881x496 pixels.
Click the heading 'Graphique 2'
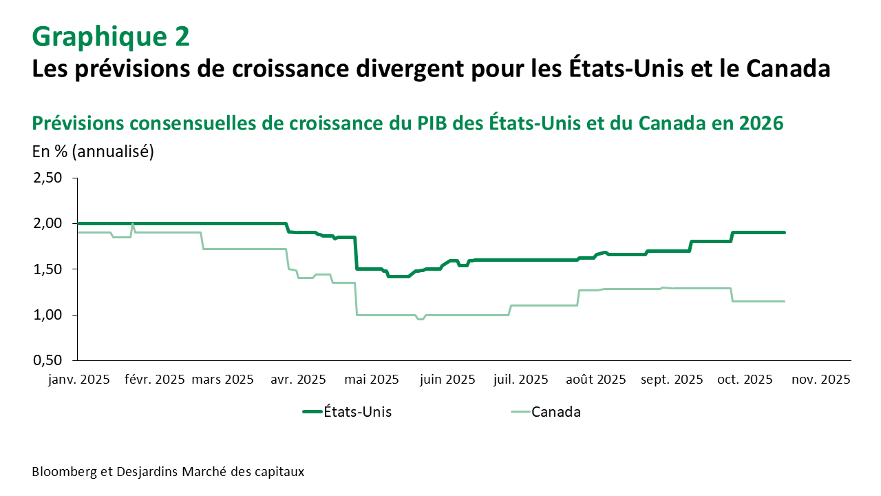click(111, 37)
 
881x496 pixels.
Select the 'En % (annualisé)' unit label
click(93, 152)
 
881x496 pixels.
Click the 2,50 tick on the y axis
click(47, 178)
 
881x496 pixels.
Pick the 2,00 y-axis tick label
click(47, 223)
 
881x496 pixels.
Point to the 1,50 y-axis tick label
click(47, 269)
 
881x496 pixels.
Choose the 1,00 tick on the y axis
click(47, 315)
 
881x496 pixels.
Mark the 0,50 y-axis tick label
click(47, 360)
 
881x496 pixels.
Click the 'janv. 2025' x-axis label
click(78, 380)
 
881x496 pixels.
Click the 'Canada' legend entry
click(556, 412)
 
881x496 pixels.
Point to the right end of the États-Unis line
click(785, 233)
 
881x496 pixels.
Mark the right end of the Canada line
click(785, 301)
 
